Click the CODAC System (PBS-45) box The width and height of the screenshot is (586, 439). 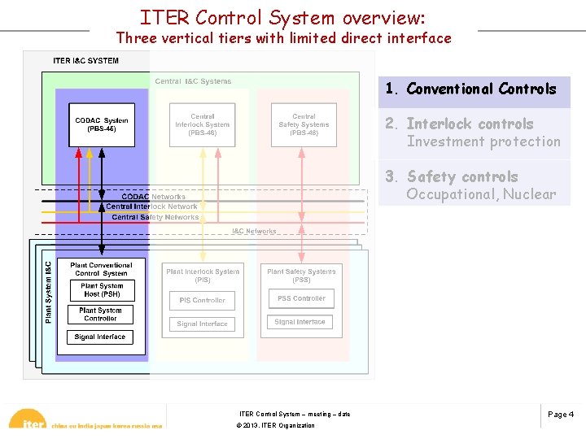(x=102, y=125)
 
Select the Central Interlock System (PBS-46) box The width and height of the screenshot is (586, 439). (x=203, y=124)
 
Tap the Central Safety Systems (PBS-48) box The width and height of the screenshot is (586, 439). (x=304, y=124)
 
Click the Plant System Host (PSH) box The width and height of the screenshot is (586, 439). (x=102, y=289)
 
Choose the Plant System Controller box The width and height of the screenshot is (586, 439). (x=101, y=314)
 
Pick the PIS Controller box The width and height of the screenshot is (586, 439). (x=203, y=300)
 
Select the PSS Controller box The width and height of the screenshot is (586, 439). (x=301, y=298)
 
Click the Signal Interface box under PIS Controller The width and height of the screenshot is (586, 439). (x=203, y=324)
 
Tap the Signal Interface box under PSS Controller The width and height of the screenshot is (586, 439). (x=300, y=322)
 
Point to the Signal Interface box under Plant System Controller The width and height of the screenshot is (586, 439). (x=100, y=337)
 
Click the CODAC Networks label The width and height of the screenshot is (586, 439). (x=153, y=197)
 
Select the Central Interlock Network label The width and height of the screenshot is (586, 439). (x=151, y=206)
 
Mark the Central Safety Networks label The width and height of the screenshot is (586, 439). (x=155, y=217)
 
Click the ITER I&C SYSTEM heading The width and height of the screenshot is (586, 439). (x=85, y=61)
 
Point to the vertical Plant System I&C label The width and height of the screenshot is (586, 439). (x=48, y=292)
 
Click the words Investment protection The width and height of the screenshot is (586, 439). (x=483, y=141)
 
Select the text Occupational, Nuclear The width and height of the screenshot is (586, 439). (x=481, y=194)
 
